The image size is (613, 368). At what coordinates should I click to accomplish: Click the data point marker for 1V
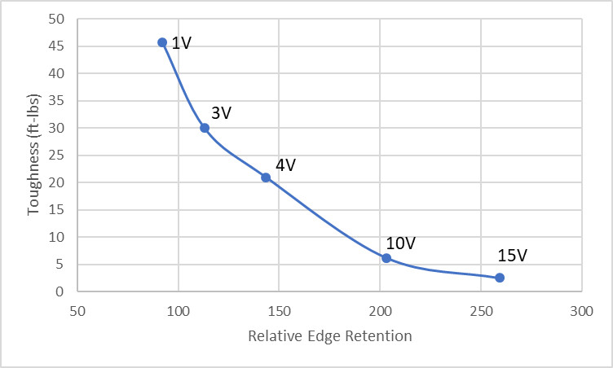point(162,42)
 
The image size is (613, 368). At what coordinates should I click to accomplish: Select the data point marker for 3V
point(205,128)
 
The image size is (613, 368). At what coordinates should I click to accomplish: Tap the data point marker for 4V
point(266,177)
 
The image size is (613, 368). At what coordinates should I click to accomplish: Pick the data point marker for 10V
point(386,258)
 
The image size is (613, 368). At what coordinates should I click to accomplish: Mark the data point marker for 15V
point(500,278)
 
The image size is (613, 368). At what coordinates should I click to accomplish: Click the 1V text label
point(182,43)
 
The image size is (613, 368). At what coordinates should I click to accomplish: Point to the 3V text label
point(222,113)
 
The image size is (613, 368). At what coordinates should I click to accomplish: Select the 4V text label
point(285,165)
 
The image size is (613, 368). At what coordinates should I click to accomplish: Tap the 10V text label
point(401,243)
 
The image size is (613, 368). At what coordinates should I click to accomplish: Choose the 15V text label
point(513,256)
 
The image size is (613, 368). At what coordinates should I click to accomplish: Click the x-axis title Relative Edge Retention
point(329,335)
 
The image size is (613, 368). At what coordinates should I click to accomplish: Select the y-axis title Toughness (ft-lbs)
point(34,154)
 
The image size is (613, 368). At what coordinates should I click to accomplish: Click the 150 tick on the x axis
point(279,310)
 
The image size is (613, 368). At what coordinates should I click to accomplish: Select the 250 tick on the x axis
point(481,310)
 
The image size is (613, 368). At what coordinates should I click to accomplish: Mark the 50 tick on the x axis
point(77,310)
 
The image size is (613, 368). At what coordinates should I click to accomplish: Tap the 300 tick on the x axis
point(581,310)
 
